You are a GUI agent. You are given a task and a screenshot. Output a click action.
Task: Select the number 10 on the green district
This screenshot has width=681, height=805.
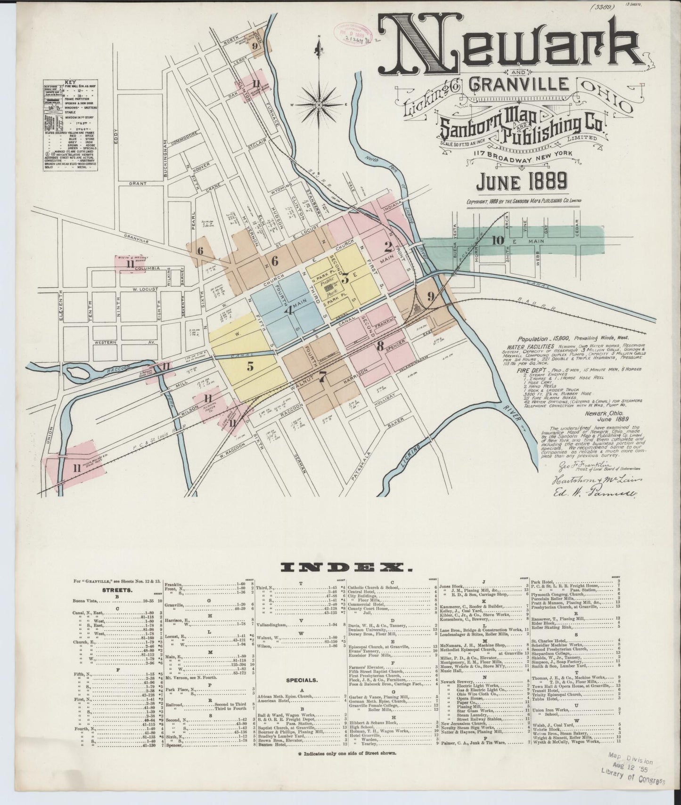point(497,240)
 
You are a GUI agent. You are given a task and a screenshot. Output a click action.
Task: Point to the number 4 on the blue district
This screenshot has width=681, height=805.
point(289,311)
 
